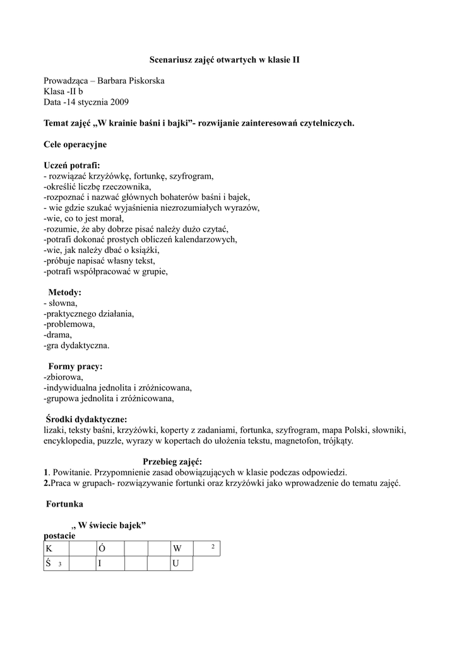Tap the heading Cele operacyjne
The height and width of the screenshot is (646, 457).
75,144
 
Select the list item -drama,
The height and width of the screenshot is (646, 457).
58,335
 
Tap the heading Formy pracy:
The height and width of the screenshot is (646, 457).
76,367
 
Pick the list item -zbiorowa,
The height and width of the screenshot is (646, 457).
64,377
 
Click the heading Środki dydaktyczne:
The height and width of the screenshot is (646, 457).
86,420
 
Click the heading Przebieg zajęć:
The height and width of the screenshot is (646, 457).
172,462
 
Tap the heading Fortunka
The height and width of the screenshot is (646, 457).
65,505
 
